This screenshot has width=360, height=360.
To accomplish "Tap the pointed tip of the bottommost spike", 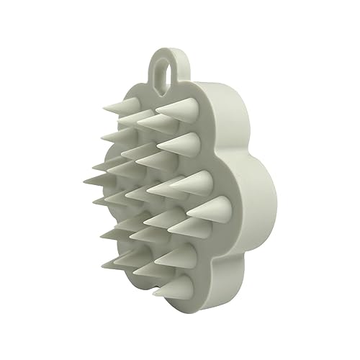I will (153, 294).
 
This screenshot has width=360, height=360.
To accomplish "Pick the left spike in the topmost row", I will (122, 107).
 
